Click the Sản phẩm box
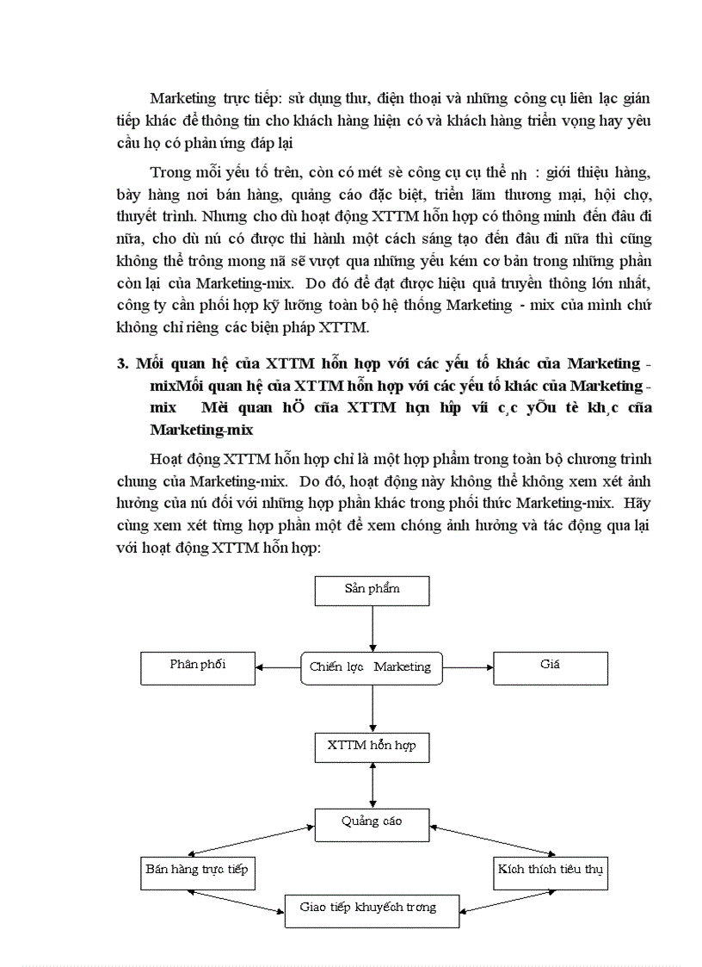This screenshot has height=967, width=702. click(372, 591)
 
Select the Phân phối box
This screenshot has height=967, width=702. click(198, 666)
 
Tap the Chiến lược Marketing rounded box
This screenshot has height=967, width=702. click(372, 667)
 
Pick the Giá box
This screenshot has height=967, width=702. click(550, 666)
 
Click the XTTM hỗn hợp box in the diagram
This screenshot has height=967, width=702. click(372, 746)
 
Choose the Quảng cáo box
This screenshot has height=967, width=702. click(372, 823)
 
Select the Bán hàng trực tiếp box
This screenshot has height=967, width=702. click(197, 871)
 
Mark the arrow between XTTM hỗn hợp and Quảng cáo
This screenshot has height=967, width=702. click(372, 784)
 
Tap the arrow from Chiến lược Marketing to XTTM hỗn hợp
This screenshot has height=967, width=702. click(372, 707)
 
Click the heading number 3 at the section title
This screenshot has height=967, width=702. click(122, 364)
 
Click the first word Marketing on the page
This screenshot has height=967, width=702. click(182, 97)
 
